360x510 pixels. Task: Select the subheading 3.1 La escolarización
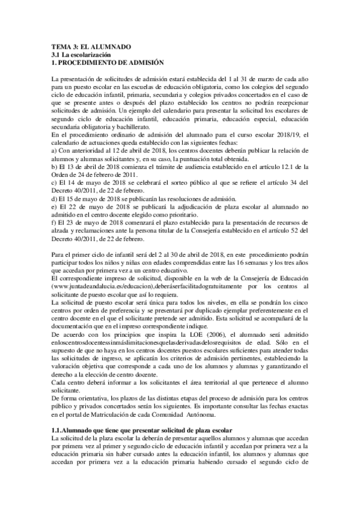pos(82,55)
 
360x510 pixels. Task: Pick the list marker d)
pos(55,198)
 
